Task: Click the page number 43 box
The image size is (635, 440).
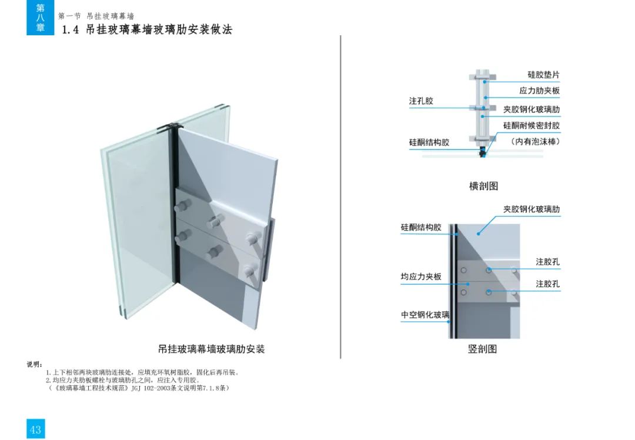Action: point(36,429)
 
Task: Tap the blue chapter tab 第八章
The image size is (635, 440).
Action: point(40,18)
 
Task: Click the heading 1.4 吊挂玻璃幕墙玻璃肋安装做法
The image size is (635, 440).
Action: point(147,29)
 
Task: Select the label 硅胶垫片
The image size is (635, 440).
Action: point(543,75)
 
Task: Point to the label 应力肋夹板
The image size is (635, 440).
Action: point(539,91)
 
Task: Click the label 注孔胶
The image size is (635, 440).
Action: point(421,101)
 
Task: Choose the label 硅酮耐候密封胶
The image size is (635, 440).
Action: point(532,126)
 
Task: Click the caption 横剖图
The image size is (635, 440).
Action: point(483,186)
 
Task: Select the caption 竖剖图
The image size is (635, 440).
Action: point(482,349)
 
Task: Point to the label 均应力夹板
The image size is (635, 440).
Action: point(421,276)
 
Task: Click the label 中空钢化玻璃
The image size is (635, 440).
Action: point(425,315)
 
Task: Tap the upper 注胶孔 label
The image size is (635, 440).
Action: point(548,262)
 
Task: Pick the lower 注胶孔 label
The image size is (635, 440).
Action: point(548,284)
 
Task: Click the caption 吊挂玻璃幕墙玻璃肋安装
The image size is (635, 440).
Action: point(211,349)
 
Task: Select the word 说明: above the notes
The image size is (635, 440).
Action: point(35,364)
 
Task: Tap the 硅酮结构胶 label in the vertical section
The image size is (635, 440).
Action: point(421,227)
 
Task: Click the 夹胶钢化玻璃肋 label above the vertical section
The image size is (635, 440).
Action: point(532,209)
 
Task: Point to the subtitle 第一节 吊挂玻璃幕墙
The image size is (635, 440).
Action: point(96,16)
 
